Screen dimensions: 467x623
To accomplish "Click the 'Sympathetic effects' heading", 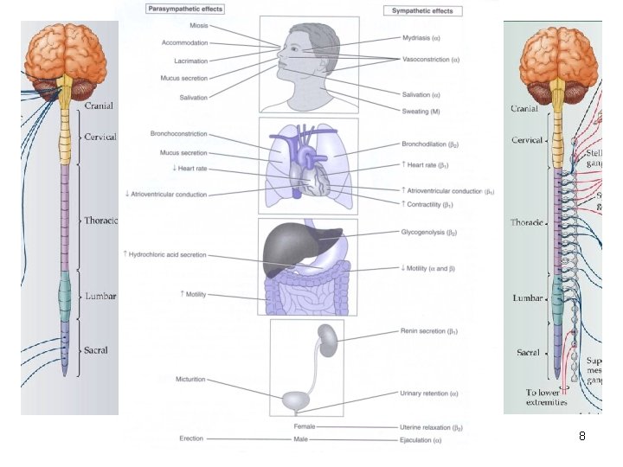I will (423, 11).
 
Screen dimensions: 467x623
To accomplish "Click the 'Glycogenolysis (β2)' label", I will (430, 233).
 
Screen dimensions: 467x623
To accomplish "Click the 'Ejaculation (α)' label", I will (421, 439).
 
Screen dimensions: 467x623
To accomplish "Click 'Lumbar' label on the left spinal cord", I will (100, 296).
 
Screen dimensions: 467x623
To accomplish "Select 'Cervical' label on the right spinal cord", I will (527, 140).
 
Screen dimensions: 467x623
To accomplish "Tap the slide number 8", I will (581, 437).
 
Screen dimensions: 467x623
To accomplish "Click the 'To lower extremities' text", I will (546, 397).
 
